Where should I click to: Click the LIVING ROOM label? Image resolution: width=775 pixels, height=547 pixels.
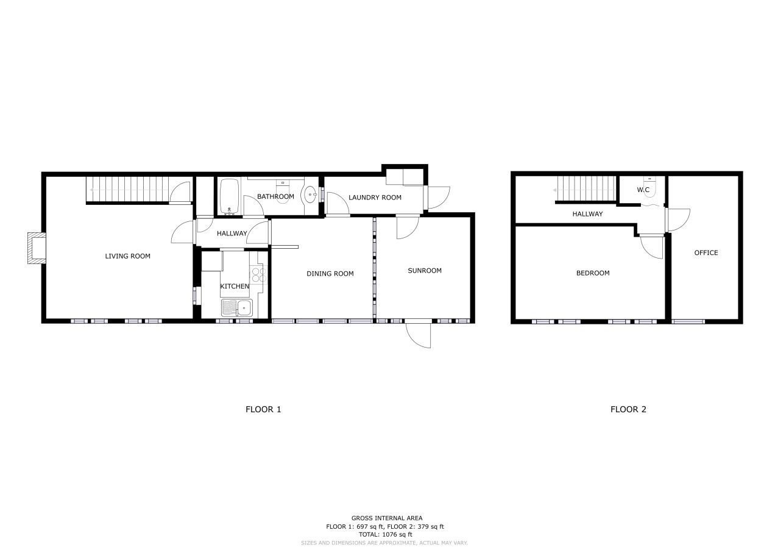click(128, 256)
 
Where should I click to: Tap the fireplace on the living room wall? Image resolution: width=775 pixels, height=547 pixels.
click(37, 248)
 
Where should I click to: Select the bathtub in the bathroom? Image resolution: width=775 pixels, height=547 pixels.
click(229, 196)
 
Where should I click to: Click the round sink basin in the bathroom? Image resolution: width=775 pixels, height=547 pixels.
click(310, 195)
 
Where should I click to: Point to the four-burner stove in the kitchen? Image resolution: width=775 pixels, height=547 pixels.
click(259, 275)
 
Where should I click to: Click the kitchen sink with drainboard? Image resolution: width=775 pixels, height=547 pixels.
click(237, 308)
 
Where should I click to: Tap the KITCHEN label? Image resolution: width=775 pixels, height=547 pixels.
click(235, 287)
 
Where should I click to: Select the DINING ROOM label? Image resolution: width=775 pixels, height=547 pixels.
click(330, 274)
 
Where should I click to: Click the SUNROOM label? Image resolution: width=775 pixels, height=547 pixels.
click(425, 271)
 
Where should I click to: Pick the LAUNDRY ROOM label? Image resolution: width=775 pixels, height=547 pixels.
click(375, 198)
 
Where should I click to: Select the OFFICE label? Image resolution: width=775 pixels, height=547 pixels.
click(706, 252)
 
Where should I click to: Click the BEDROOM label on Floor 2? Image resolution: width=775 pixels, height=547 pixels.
click(593, 273)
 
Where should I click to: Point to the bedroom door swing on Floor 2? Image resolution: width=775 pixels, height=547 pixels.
click(651, 247)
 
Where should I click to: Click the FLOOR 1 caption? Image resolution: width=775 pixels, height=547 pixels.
click(263, 410)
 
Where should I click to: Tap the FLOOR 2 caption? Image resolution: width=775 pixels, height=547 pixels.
click(628, 410)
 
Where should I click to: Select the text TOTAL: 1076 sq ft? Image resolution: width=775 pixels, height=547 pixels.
click(386, 535)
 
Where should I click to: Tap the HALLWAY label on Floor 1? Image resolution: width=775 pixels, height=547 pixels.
click(232, 234)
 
